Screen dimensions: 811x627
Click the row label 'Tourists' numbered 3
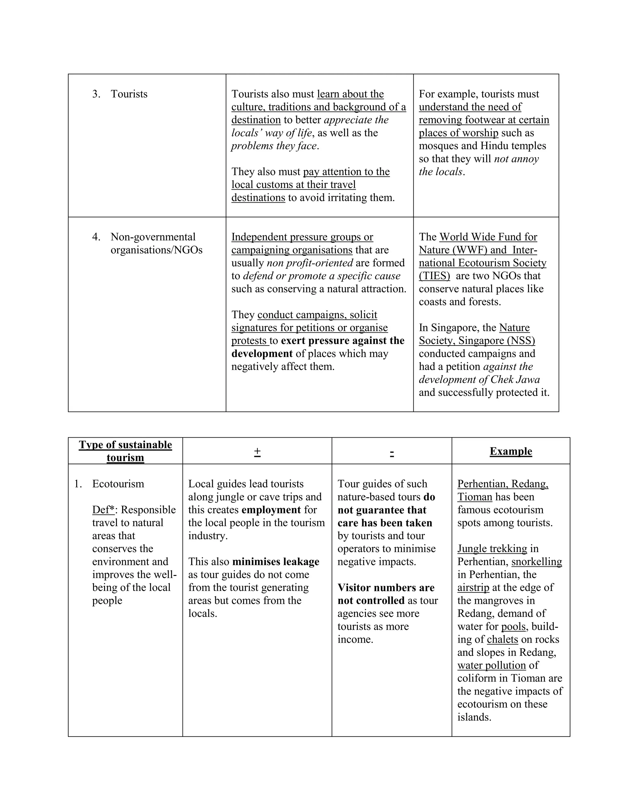129,94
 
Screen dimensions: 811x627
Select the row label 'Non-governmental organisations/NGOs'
156,244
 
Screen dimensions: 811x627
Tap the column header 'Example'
511,451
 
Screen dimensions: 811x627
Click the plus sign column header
257,451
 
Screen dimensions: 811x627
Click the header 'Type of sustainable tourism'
125,451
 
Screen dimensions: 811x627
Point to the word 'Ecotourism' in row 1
118,484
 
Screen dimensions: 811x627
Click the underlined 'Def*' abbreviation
103,510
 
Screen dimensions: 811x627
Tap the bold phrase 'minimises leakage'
276,562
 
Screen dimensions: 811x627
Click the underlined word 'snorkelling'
536,562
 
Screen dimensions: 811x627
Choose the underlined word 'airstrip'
473,588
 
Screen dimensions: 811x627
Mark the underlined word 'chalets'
502,639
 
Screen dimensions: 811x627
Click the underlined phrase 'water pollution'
491,665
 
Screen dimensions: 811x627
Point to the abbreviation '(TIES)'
434,276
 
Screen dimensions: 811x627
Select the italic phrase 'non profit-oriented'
310,263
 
